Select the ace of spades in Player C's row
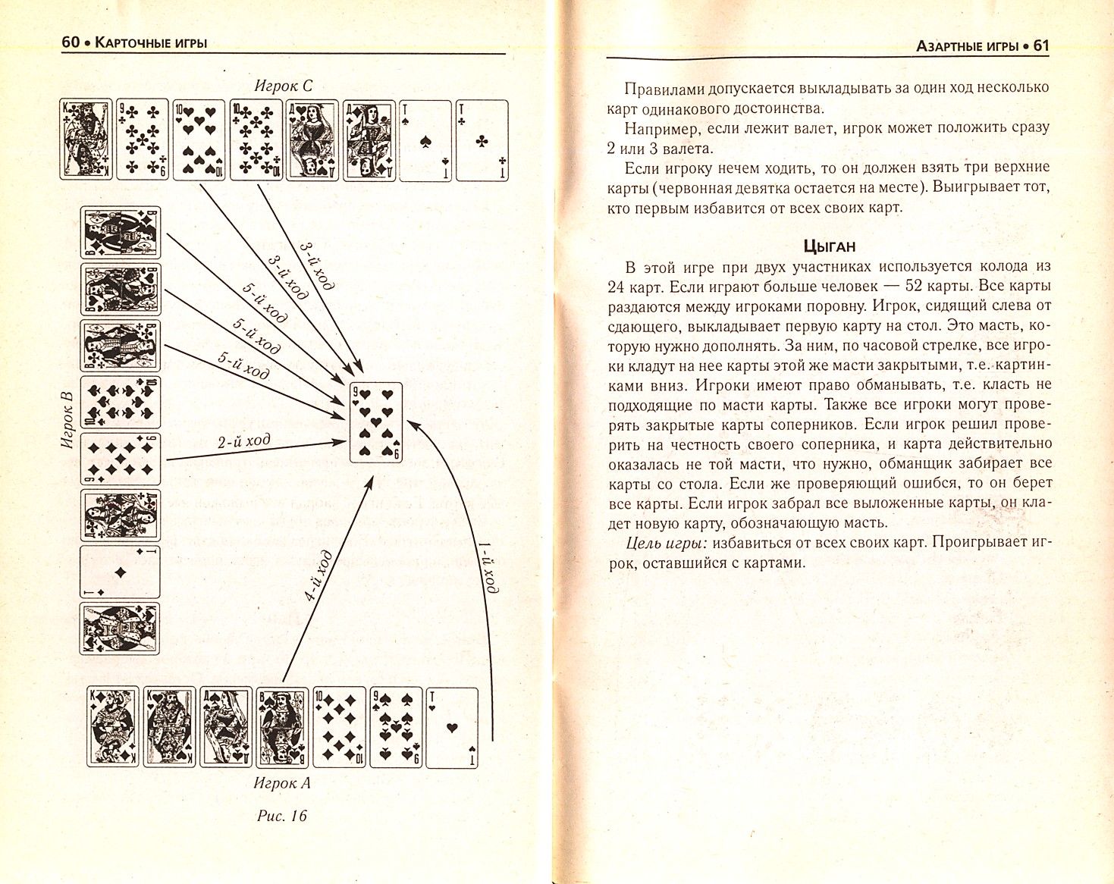point(425,140)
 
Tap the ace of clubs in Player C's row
point(482,140)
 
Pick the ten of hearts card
point(199,140)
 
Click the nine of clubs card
point(142,140)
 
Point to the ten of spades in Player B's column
point(121,402)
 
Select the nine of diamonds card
point(121,459)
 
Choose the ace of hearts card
point(453,727)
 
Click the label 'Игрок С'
point(283,86)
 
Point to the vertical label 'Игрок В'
point(66,422)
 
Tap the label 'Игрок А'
point(282,783)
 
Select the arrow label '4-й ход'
point(319,576)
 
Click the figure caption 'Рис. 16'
point(282,817)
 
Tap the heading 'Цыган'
point(829,246)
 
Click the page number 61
point(1040,45)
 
